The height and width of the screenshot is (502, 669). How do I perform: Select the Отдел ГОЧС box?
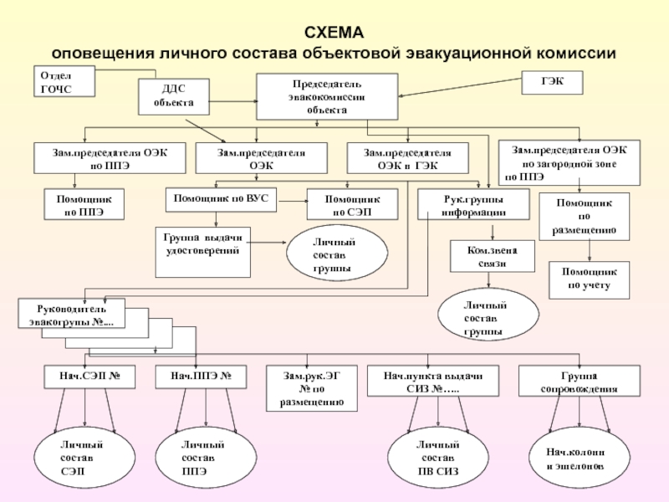click(x=64, y=82)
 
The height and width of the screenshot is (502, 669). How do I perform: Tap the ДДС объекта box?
click(x=172, y=95)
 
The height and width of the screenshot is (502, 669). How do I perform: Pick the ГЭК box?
click(x=553, y=82)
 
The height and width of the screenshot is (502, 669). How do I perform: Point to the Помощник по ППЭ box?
click(x=84, y=205)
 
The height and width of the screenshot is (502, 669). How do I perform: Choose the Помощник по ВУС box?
click(x=221, y=198)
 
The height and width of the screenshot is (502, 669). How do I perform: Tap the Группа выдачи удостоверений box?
click(x=203, y=250)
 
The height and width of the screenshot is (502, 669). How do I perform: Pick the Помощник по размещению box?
click(x=585, y=216)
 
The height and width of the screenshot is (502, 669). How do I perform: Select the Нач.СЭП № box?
click(x=89, y=377)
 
